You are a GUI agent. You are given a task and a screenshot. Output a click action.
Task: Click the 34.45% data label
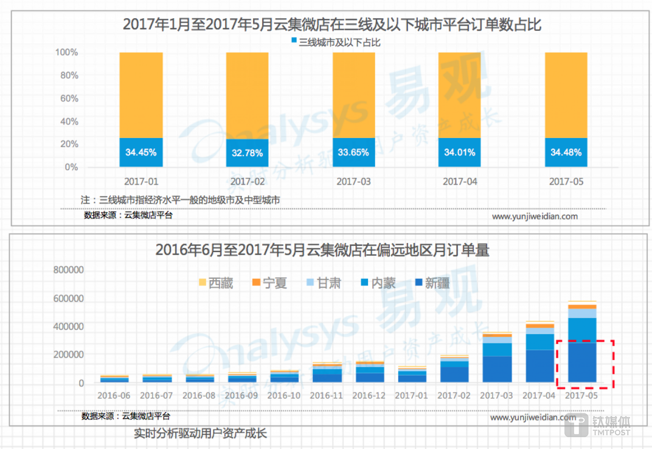pos(141,153)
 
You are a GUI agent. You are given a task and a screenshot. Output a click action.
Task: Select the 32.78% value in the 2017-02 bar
pos(247,153)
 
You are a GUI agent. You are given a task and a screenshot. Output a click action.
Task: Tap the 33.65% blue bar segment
pos(354,153)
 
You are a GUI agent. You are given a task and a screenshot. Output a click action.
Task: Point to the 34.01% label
pos(460,153)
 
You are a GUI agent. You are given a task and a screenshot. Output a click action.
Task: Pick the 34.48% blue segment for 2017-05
pos(566,153)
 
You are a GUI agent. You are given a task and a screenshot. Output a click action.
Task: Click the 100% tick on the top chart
pos(67,53)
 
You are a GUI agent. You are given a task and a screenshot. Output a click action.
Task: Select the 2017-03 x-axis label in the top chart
pos(354,182)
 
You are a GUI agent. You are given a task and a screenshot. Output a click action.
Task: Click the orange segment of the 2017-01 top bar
pos(141,95)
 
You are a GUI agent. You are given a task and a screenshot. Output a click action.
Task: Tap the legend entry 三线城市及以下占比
pos(336,43)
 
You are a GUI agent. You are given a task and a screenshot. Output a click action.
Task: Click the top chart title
pos(332,24)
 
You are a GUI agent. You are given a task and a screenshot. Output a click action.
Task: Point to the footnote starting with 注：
pos(180,200)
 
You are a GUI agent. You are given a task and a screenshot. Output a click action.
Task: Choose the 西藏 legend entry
pos(216,283)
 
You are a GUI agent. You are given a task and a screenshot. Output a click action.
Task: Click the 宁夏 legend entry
pos(270,283)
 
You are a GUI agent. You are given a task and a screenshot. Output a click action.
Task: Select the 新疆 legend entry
pos(432,283)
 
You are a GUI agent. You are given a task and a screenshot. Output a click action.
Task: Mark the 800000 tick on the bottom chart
pos(68,270)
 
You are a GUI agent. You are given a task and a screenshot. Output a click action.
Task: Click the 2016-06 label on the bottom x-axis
pos(114,396)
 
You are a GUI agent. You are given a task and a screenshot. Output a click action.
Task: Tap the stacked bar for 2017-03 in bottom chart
pos(497,358)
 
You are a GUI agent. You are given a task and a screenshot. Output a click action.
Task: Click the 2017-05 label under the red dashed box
pos(581,396)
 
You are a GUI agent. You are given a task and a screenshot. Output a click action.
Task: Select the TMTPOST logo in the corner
pos(598,425)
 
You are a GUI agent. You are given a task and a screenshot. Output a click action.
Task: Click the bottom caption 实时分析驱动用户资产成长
pos(200,434)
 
